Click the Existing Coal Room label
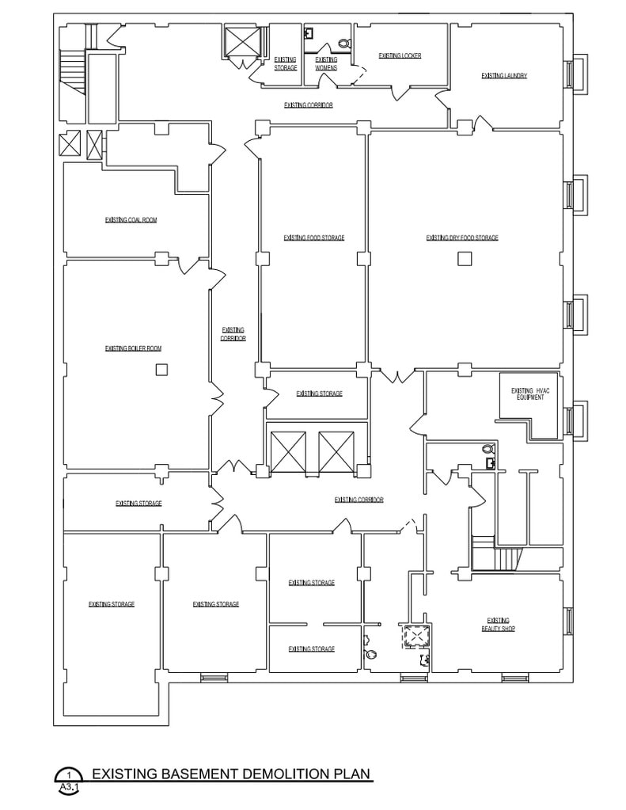[x=131, y=220]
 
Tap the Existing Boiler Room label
[x=133, y=348]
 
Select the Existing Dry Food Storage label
[x=462, y=238]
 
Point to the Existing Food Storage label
[x=314, y=238]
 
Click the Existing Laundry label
[x=504, y=76]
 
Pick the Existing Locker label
[x=400, y=55]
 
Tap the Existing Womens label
[x=326, y=63]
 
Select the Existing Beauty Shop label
[x=499, y=624]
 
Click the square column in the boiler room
[x=161, y=369]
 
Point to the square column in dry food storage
[x=464, y=257]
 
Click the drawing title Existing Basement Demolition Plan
[x=231, y=773]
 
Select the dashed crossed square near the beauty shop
[x=415, y=635]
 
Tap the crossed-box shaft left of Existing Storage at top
[x=242, y=42]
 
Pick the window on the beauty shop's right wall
[x=568, y=621]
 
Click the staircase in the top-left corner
[x=72, y=72]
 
